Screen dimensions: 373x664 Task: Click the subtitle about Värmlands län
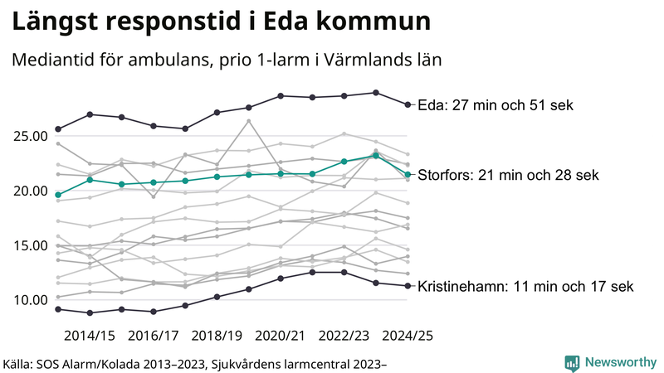pos(225,61)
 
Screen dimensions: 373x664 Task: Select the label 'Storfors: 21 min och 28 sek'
pos(518,175)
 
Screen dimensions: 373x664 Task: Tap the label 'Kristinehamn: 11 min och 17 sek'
pos(525,287)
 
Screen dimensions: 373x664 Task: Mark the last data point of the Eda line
pos(408,104)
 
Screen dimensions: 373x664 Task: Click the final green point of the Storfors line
pos(408,174)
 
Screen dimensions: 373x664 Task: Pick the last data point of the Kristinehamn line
pos(408,286)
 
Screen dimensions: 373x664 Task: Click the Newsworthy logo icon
pos(572,362)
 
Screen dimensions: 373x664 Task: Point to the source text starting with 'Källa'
pos(196,363)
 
